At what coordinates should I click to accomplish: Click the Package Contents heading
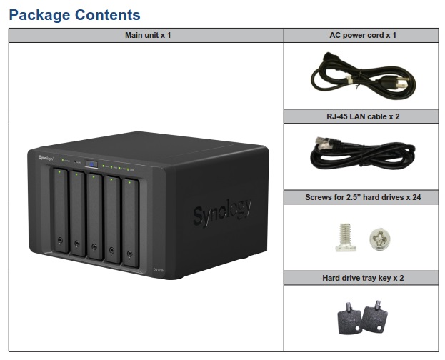click(x=75, y=14)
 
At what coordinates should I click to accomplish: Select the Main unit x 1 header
click(x=146, y=35)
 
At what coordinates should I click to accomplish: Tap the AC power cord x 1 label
click(x=361, y=35)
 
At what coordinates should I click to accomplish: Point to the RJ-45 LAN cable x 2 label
click(x=361, y=116)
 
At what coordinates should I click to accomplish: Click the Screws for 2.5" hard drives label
click(x=361, y=196)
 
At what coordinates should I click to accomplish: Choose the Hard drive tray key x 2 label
click(x=361, y=277)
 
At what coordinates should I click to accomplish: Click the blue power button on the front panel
click(x=91, y=165)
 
